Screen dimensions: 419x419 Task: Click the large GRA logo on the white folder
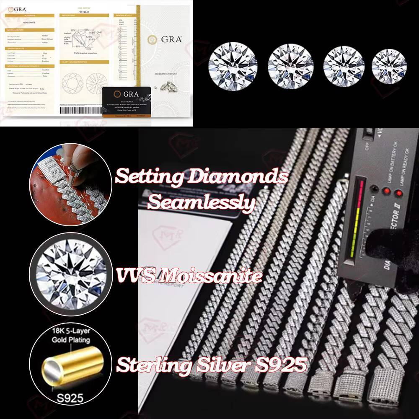point(166,39)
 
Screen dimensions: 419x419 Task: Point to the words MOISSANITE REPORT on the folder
point(166,78)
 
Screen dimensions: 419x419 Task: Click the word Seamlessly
point(202,203)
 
